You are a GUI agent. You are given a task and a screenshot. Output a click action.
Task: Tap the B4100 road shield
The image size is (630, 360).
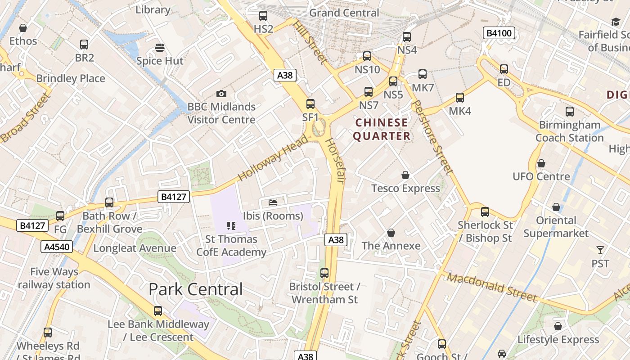coord(499,33)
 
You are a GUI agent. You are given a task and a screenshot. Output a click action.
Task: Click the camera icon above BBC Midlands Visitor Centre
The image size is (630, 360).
coord(221,94)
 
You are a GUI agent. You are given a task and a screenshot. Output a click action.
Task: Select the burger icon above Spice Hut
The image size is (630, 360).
coord(159,48)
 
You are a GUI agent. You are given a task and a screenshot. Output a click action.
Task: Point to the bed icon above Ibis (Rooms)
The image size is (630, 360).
coord(273,202)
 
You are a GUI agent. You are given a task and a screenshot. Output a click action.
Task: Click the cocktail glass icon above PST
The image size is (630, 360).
coord(600,250)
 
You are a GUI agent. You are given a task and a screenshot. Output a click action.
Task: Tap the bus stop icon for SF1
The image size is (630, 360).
coord(310,104)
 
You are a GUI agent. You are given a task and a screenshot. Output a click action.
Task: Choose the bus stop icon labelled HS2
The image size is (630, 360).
coord(263,16)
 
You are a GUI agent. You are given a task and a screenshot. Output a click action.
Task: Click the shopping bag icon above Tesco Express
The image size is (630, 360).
coord(405,175)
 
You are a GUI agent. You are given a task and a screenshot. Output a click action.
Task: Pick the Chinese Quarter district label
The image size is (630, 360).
coord(382,129)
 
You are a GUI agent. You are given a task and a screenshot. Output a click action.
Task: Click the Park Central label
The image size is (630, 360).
coord(196,289)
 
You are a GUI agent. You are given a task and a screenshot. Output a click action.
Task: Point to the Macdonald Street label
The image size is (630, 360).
coord(492,287)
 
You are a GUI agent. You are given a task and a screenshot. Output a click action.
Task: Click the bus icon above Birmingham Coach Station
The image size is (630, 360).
coord(570,112)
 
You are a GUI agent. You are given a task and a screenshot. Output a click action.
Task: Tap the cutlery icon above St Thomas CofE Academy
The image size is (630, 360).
coord(231,225)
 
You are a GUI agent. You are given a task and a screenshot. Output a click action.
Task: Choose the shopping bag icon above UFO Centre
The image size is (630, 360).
coord(541,163)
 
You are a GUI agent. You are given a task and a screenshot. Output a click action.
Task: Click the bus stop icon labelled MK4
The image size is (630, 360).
coord(460,98)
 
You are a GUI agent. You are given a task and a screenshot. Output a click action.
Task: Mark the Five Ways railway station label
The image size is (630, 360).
coord(54,278)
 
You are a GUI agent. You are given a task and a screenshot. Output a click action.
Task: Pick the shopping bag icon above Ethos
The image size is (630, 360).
coord(23,28)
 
